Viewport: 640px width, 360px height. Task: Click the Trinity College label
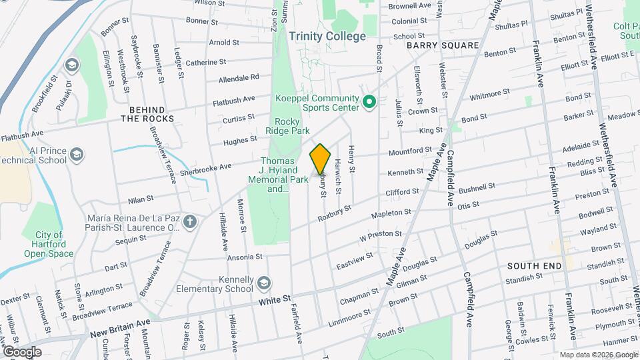tap(327, 37)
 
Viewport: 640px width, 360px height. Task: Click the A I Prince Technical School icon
tap(77, 155)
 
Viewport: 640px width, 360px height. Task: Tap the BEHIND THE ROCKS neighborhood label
tap(147, 113)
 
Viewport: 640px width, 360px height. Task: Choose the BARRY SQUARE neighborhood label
tap(443, 45)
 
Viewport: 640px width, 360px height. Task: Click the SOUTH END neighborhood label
tap(534, 265)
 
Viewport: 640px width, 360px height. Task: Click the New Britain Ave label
tap(121, 323)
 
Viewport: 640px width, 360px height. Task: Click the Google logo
tap(21, 352)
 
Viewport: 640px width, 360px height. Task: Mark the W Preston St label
tap(381, 235)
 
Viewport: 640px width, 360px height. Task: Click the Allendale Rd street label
tap(239, 78)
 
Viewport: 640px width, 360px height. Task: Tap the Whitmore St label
tap(489, 94)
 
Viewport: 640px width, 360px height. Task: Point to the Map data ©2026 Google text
tap(598, 355)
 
